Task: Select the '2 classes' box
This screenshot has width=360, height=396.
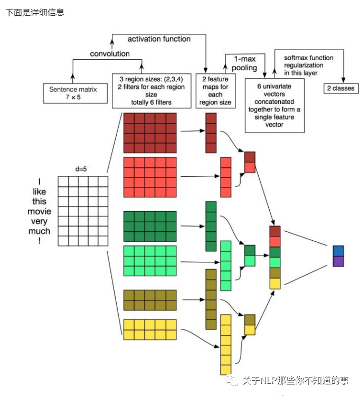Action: point(340,88)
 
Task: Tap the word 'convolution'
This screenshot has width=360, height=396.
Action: point(110,53)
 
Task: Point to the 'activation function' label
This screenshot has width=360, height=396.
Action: point(159,39)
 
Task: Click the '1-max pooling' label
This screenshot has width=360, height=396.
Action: point(244,63)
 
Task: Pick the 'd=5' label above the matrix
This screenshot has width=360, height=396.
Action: point(82,169)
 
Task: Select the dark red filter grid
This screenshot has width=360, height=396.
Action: point(150,133)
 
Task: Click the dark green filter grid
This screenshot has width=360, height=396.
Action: point(150,226)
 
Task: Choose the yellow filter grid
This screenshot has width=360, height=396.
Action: point(150,329)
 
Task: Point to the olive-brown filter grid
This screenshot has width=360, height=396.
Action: point(150,300)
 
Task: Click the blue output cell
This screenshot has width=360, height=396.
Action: point(338,251)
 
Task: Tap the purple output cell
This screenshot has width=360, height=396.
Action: point(338,261)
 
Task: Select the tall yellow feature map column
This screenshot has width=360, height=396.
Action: point(225,344)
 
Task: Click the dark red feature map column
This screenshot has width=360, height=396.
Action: point(211,133)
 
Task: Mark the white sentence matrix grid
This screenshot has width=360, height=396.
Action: point(83,211)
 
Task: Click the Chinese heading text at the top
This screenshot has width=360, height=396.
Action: point(35,12)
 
